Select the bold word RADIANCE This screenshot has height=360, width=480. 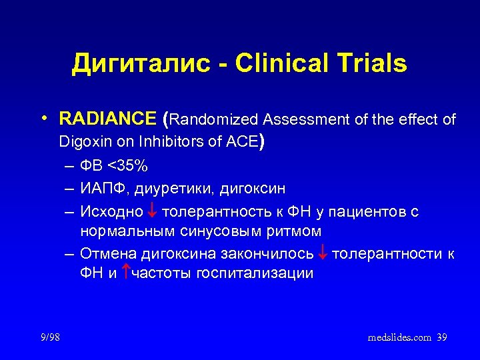coord(107,120)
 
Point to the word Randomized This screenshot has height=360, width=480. coord(216,120)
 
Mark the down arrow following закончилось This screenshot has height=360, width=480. coord(323,253)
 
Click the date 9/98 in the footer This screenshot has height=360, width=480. coord(49,338)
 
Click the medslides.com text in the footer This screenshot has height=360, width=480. coord(399,338)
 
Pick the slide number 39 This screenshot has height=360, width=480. coord(441,338)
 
